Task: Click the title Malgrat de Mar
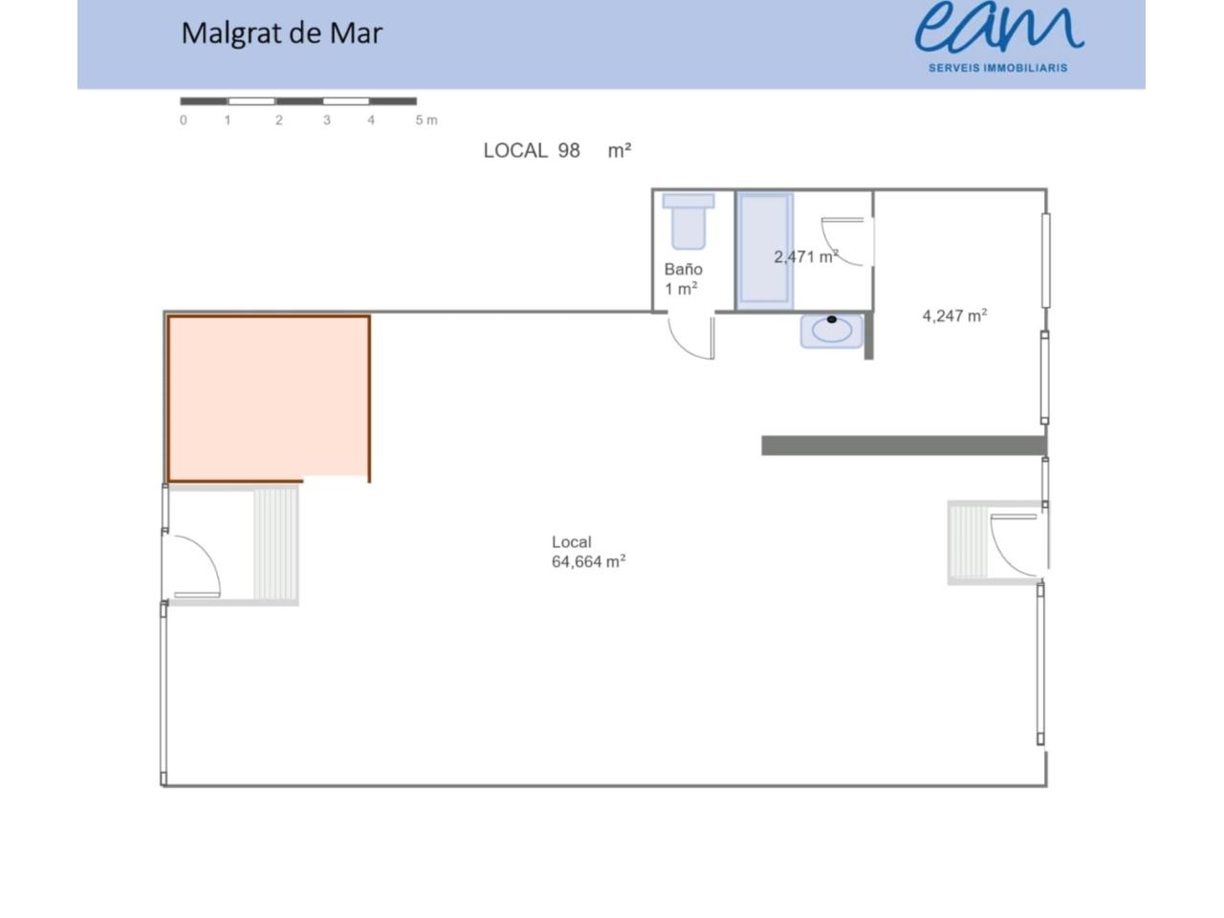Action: point(281,33)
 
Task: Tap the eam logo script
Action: point(998,27)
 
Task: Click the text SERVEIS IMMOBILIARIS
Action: point(997,68)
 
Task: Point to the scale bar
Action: point(298,101)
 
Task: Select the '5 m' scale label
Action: point(426,120)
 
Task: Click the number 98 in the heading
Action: point(569,150)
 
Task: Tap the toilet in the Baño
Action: point(688,221)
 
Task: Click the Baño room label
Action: point(683,270)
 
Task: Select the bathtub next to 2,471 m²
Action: point(764,251)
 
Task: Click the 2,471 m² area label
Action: point(806,257)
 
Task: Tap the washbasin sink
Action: point(831,331)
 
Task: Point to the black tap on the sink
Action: point(831,319)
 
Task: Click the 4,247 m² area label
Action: point(954,316)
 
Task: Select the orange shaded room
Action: point(268,398)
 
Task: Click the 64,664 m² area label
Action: point(588,562)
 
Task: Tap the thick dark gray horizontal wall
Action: point(904,446)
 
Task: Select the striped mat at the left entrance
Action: point(275,544)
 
